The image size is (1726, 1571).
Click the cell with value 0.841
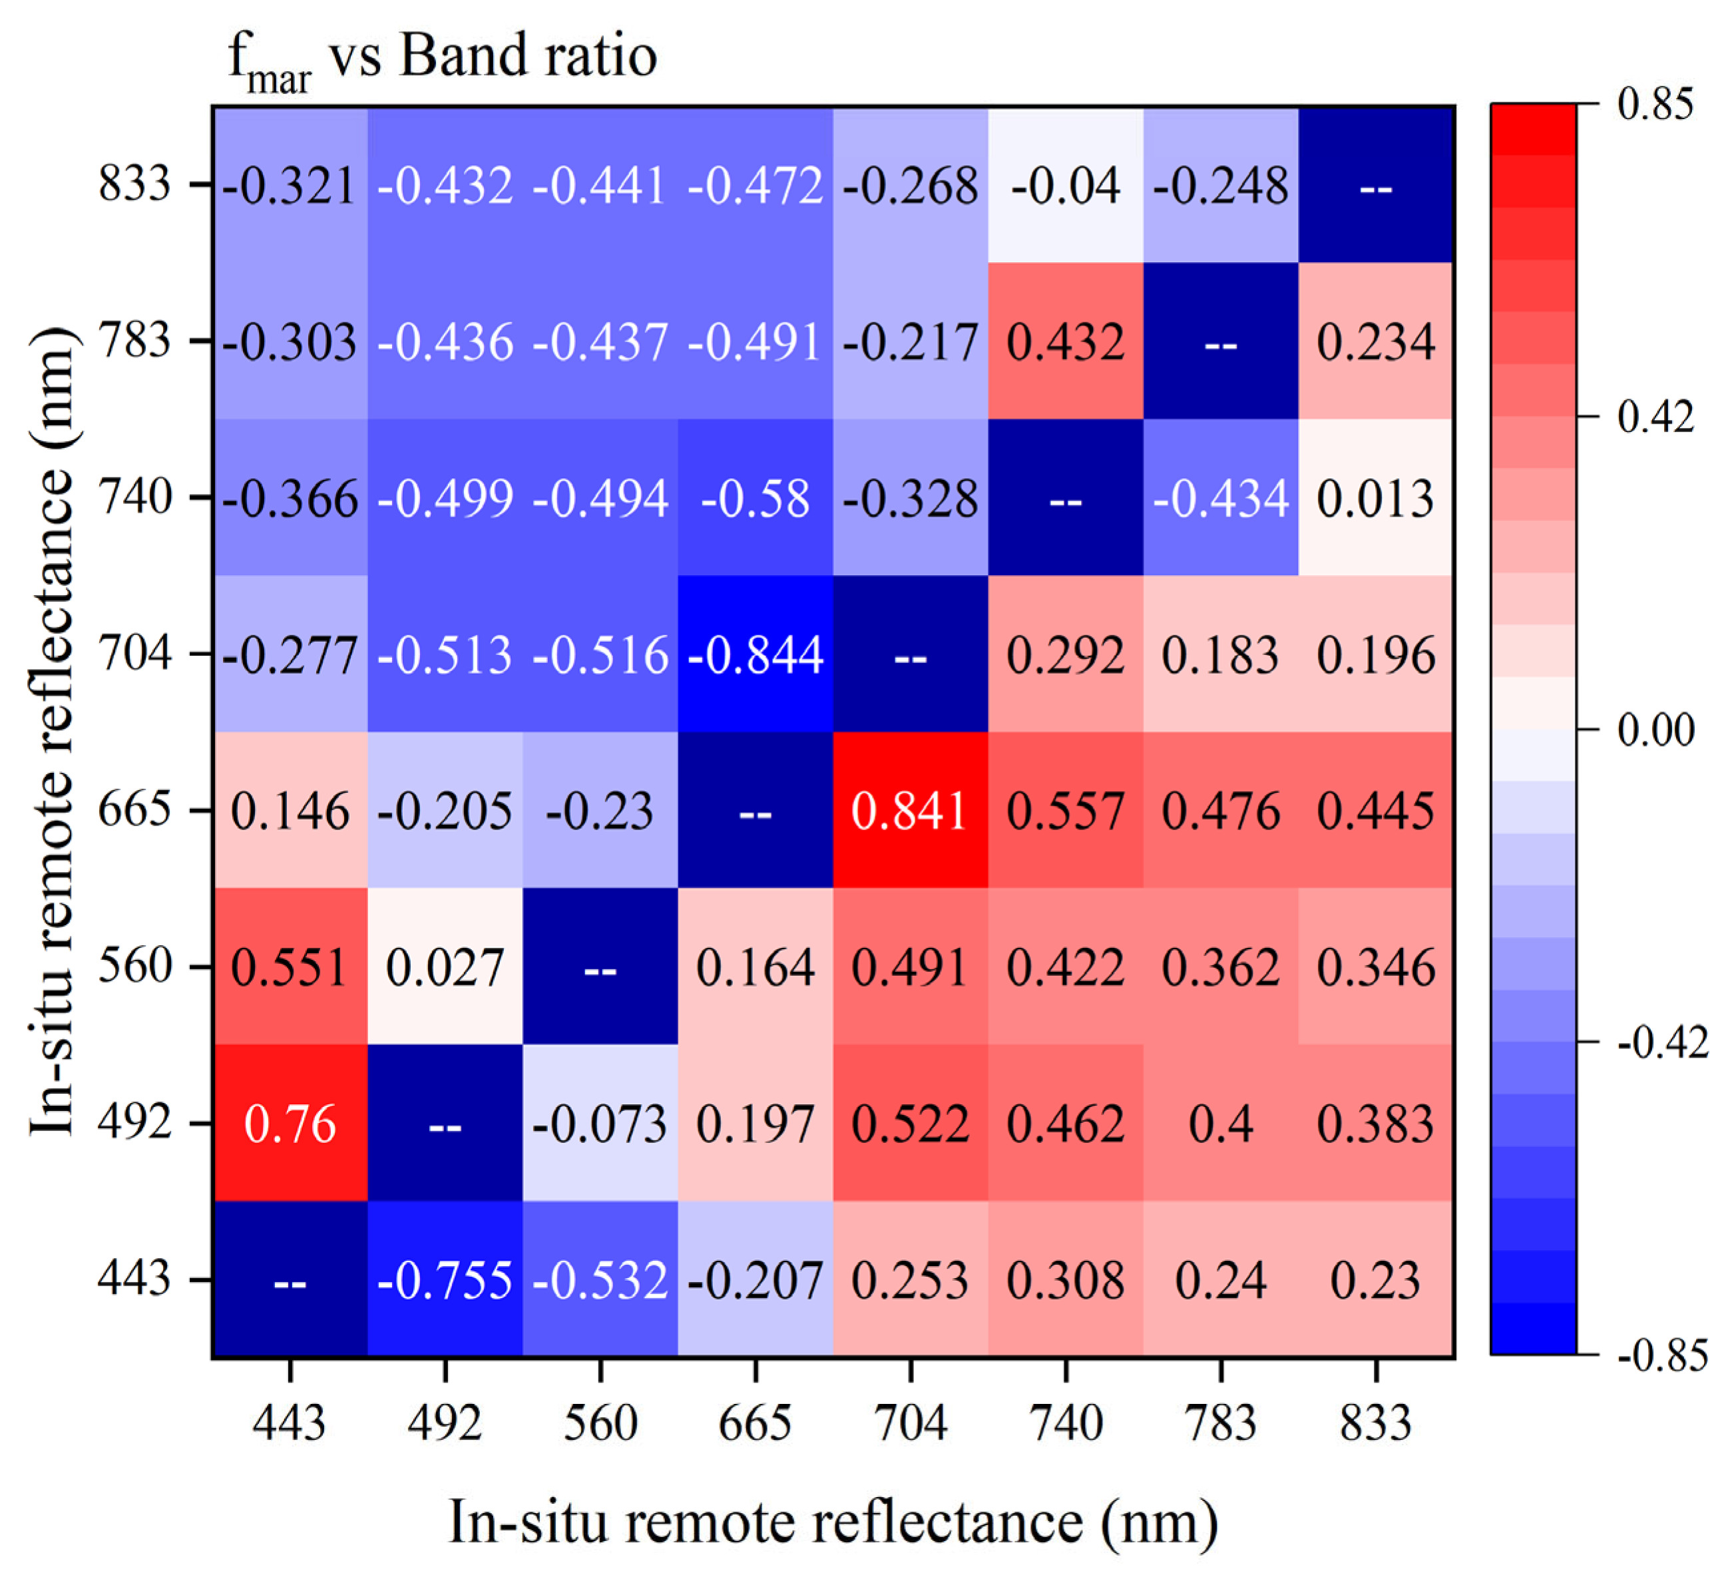[x=909, y=811]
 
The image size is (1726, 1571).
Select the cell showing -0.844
[x=754, y=655]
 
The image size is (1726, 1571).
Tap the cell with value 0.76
[x=290, y=1123]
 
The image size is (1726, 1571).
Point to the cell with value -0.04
[x=1065, y=186]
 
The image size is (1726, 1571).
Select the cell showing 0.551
[x=290, y=967]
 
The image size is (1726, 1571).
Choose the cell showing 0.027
[x=445, y=967]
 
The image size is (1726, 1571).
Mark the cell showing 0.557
[x=1065, y=811]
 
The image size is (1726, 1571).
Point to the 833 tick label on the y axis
[x=134, y=183]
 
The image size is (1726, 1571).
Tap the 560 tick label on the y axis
[x=134, y=966]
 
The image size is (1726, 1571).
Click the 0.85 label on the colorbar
[x=1655, y=105]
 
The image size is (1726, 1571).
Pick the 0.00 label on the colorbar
[x=1655, y=730]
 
